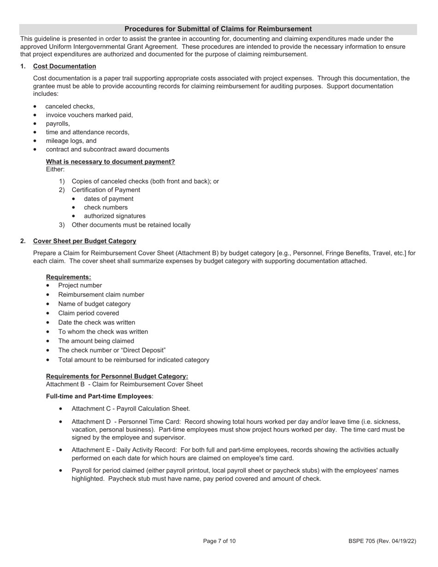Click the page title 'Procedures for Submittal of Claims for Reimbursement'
tap(218, 29)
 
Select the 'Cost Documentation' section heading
tap(65, 66)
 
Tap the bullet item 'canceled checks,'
tap(70, 106)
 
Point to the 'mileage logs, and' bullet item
tap(71, 141)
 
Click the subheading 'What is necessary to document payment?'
tap(110, 162)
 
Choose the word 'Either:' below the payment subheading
tap(55, 170)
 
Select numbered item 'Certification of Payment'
tap(106, 190)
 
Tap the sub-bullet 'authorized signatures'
tap(114, 216)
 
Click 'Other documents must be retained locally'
tap(131, 225)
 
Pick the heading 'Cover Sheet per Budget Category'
tap(84, 241)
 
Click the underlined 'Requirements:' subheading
tap(68, 277)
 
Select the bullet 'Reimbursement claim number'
tap(101, 295)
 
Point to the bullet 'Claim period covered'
tap(89, 313)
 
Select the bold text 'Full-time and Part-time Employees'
tap(99, 396)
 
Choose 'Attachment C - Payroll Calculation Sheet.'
tap(130, 409)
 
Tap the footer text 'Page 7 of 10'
tap(219, 541)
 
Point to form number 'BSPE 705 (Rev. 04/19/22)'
tap(382, 541)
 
